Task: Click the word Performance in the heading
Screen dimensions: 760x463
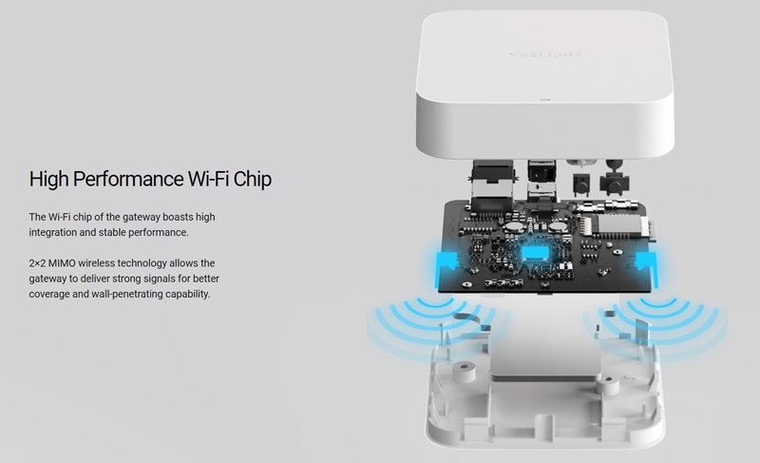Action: [x=128, y=179]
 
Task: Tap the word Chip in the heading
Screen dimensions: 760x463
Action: [x=252, y=179]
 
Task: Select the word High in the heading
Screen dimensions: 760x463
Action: [x=49, y=179]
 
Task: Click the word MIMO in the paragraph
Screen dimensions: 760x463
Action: [x=62, y=263]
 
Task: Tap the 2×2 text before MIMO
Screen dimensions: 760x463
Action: [x=37, y=263]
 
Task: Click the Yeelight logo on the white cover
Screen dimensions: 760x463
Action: [x=545, y=55]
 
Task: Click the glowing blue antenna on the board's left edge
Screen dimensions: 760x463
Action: [x=446, y=262]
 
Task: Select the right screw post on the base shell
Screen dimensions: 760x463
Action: [x=608, y=385]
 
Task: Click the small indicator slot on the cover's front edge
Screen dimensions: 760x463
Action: [x=545, y=101]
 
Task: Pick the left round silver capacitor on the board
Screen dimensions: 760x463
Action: [x=512, y=226]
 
